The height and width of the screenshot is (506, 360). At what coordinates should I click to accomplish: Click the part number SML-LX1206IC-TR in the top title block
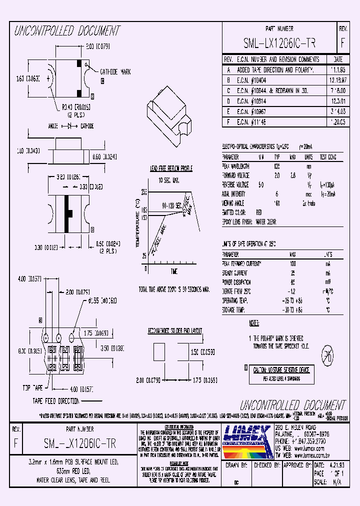click(279, 42)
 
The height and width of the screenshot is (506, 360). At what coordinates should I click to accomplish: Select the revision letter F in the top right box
click(342, 42)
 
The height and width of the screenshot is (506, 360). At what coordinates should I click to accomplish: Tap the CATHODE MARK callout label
click(115, 72)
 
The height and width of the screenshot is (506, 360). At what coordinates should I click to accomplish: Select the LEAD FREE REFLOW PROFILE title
click(171, 169)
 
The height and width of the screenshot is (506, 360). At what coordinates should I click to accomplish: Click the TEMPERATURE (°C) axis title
click(137, 223)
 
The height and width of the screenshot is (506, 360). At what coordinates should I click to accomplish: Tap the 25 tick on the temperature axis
click(144, 255)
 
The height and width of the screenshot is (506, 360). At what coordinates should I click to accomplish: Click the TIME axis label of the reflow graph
click(173, 271)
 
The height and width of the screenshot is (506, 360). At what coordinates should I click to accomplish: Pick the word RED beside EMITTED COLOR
click(258, 212)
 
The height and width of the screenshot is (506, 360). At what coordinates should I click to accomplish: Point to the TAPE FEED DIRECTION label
click(56, 401)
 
